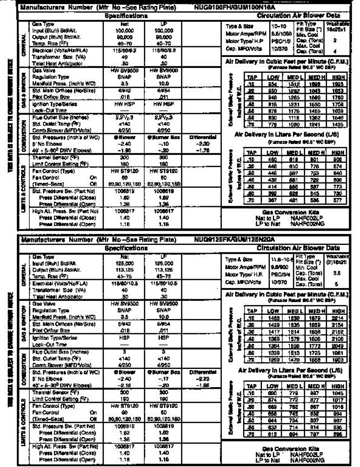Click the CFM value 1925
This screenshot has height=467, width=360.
click(x=337, y=83)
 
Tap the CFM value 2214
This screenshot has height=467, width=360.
click(x=338, y=318)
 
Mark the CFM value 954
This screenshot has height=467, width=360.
click(x=273, y=83)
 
